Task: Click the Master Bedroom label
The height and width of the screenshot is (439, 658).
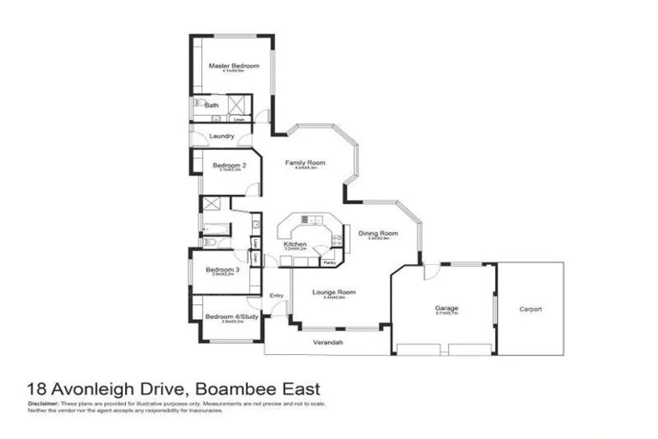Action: (234, 66)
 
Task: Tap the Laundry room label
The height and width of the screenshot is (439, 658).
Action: (222, 136)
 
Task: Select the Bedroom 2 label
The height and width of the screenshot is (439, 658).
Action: (230, 165)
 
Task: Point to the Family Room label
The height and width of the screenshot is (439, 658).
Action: (305, 162)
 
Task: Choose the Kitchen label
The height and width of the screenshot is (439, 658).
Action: (295, 244)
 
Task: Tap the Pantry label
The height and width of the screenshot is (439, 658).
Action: (329, 261)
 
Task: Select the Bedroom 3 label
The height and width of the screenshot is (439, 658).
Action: (221, 269)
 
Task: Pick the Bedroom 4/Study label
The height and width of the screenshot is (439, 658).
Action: (232, 316)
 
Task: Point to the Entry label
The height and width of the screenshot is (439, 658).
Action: (276, 295)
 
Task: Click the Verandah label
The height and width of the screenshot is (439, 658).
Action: (329, 342)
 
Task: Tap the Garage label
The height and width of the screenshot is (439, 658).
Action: (446, 309)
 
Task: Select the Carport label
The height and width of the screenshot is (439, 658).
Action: (531, 309)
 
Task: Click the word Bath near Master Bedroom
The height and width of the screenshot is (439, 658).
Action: (211, 105)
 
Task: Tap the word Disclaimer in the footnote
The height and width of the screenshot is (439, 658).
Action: (42, 404)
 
